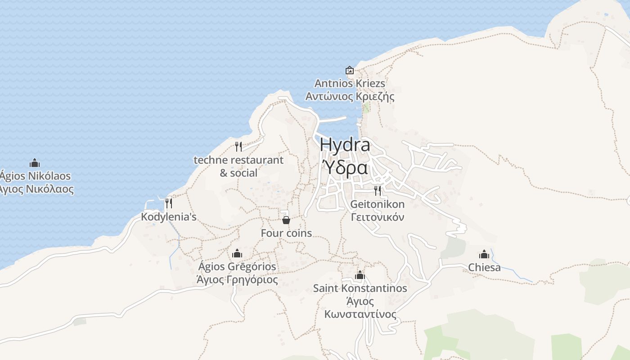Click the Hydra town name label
tap(345, 145)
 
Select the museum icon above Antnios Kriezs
tap(349, 70)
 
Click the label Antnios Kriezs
tap(350, 83)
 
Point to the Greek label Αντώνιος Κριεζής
tap(350, 96)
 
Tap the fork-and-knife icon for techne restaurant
tap(238, 146)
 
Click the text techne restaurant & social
tap(238, 166)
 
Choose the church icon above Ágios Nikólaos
tap(35, 163)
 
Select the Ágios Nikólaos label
tap(36, 175)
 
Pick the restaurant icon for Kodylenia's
tap(168, 203)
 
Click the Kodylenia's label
tap(169, 217)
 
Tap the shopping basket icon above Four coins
tap(286, 220)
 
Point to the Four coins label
tap(286, 233)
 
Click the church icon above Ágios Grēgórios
tap(237, 253)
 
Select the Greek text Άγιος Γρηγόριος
tap(237, 279)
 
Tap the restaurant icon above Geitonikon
tap(377, 191)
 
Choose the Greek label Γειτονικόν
tap(378, 217)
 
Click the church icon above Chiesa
tap(484, 254)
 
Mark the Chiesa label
tap(484, 267)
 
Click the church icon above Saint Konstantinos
tap(360, 275)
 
